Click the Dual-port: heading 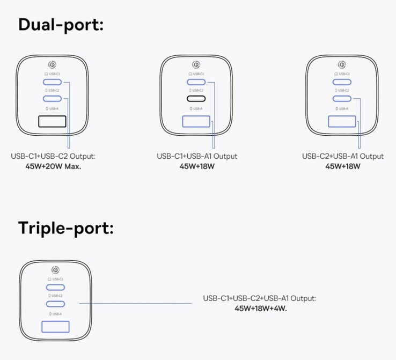pyautogui.click(x=61, y=24)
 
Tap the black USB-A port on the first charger pyautogui.click(x=52, y=121)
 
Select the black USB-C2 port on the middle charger pyautogui.click(x=196, y=99)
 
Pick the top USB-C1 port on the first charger pyautogui.click(x=52, y=82)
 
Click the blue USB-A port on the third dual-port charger pyautogui.click(x=342, y=121)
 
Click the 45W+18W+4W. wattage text pyautogui.click(x=261, y=308)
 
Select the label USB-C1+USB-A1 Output pyautogui.click(x=197, y=156)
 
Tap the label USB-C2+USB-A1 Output pyautogui.click(x=343, y=156)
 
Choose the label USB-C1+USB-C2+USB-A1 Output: pyautogui.click(x=260, y=298)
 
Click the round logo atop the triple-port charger pyautogui.click(x=55, y=269)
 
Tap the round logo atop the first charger pyautogui.click(x=52, y=63)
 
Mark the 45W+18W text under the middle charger pyautogui.click(x=197, y=166)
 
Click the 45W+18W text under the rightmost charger pyautogui.click(x=343, y=166)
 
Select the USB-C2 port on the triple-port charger pyautogui.click(x=55, y=304)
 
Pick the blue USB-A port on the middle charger pyautogui.click(x=196, y=121)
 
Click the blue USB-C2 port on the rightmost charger pyautogui.click(x=342, y=99)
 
